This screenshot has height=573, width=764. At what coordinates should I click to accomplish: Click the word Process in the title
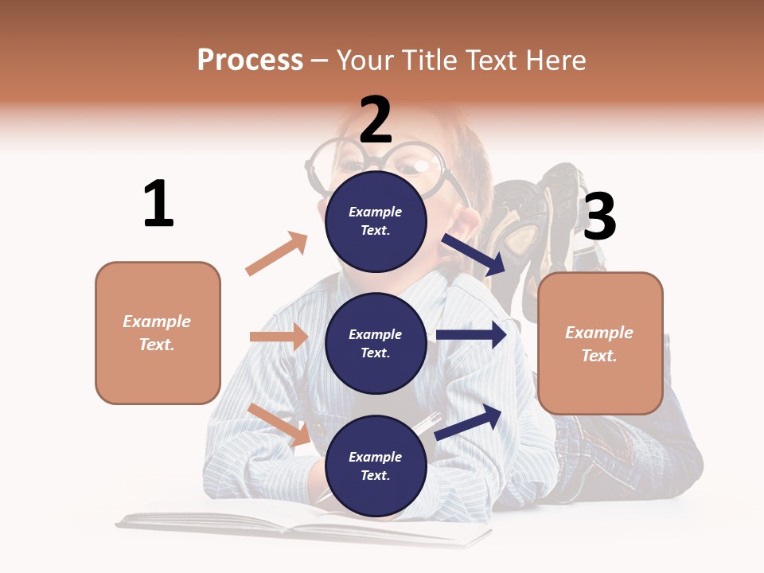[250, 60]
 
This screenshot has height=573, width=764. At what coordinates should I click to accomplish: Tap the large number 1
[158, 204]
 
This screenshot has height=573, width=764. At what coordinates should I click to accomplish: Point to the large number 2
[376, 120]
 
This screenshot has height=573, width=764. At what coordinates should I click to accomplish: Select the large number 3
[599, 216]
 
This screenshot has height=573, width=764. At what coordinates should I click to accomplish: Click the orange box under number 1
[158, 333]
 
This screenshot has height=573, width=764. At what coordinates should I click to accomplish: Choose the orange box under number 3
[600, 343]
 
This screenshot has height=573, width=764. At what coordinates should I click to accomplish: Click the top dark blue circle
[376, 220]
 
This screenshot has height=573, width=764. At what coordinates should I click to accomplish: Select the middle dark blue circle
[376, 343]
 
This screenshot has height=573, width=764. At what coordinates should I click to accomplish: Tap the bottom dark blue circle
[376, 466]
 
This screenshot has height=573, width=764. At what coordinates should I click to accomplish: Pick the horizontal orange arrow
[279, 337]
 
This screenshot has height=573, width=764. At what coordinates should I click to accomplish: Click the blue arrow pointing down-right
[474, 254]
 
